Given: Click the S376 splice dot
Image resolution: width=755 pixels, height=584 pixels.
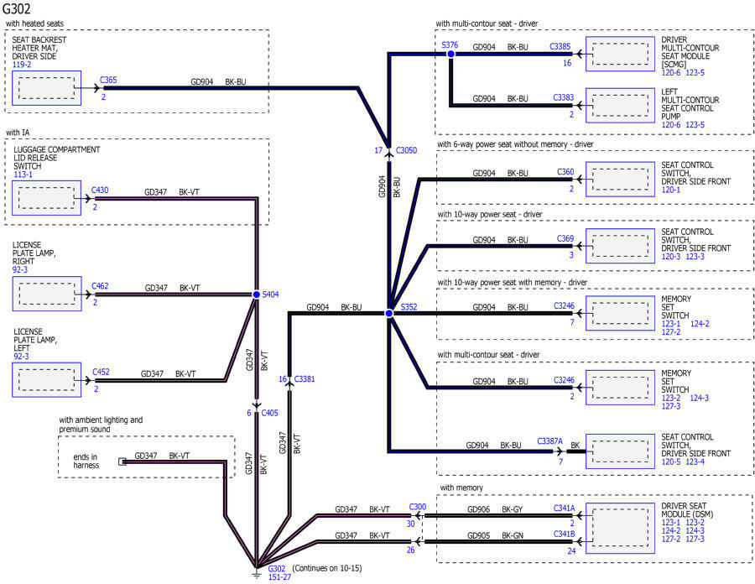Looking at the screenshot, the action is tap(450, 54).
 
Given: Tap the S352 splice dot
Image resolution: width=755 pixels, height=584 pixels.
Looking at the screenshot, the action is tap(389, 314).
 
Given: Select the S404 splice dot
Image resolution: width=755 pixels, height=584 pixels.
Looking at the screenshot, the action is tap(257, 295).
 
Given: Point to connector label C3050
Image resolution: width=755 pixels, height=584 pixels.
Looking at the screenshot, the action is tap(406, 150).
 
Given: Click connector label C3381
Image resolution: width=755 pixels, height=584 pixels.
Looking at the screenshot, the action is tap(305, 379).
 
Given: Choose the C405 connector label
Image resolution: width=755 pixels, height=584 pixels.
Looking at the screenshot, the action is tap(269, 413).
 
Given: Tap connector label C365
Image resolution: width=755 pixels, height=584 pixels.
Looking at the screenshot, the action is tap(108, 80).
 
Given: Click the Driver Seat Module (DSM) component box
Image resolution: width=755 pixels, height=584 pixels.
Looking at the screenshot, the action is tap(620, 528).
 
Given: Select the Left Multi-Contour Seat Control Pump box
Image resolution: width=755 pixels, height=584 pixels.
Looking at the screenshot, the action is tap(620, 106).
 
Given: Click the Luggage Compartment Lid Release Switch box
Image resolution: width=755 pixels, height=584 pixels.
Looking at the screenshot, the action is tap(47, 198).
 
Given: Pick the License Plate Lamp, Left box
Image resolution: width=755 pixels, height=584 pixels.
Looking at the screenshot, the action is tap(47, 380).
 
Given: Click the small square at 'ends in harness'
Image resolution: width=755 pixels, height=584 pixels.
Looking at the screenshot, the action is tap(122, 461).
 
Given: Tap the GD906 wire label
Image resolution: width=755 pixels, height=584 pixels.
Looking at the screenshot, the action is tap(479, 509).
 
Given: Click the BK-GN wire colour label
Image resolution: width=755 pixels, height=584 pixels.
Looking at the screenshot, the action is tap(513, 535).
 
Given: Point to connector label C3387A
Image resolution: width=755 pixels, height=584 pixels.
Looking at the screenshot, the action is tap(549, 441).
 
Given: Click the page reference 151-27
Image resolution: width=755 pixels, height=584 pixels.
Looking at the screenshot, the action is tap(279, 576).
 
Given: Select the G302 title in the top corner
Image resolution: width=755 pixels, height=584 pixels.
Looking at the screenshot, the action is tap(17, 8).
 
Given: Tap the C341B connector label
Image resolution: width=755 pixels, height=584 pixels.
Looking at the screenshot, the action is tap(565, 534).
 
